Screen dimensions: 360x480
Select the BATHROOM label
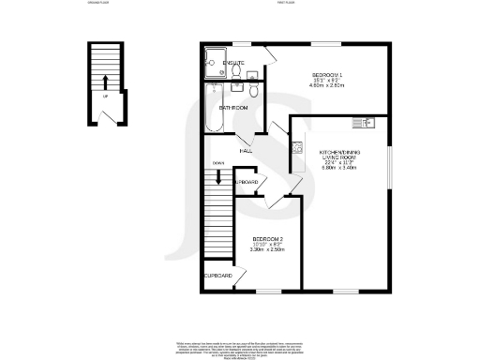(232, 108)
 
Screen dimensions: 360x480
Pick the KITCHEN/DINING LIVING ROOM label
(340, 156)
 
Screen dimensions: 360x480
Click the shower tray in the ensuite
(212, 63)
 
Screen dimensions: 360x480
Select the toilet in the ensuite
(241, 71)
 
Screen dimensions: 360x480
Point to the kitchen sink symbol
(362, 123)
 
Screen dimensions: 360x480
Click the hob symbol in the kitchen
(297, 146)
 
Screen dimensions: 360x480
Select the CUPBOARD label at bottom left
(218, 276)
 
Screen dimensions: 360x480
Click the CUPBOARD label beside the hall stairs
(246, 180)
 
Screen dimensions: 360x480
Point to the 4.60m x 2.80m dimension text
(328, 85)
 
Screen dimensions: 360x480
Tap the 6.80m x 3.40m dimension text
(340, 168)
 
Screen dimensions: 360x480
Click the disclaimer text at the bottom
(240, 347)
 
